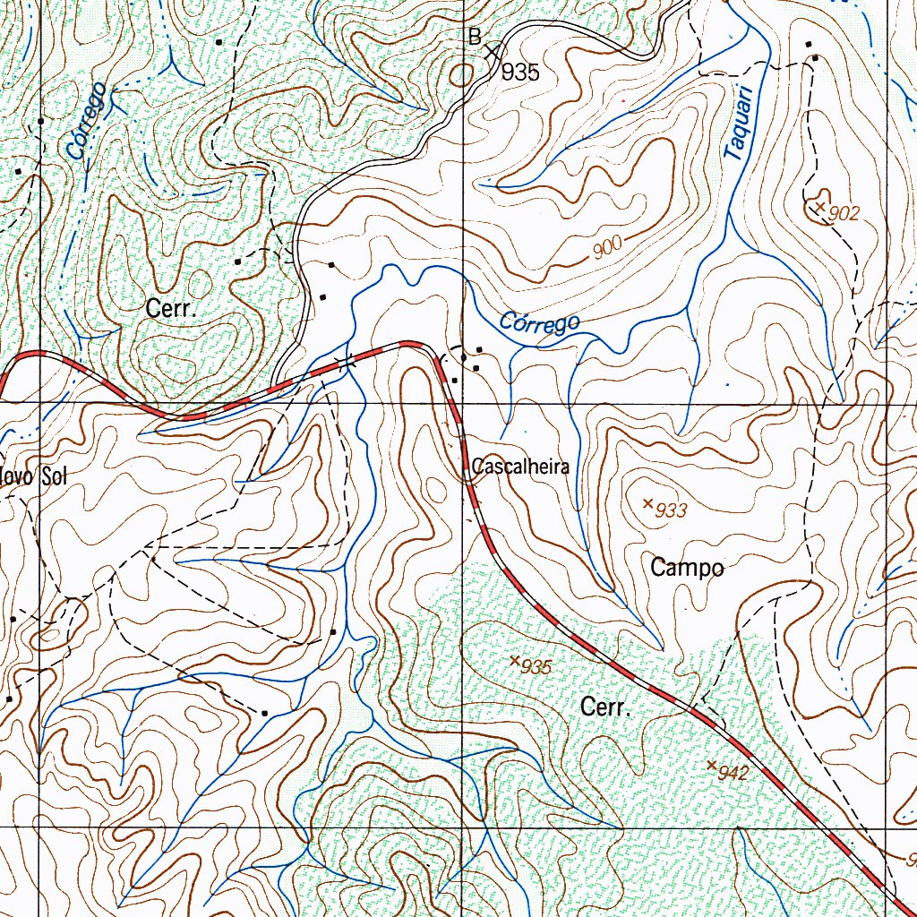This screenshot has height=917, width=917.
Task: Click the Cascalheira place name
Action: point(520,467)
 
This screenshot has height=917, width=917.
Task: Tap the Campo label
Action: point(687,567)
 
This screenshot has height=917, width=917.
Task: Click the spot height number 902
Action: point(844,213)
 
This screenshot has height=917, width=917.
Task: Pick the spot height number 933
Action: point(671,510)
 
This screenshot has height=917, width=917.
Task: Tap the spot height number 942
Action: point(733,773)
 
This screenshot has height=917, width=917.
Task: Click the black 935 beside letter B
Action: point(520,73)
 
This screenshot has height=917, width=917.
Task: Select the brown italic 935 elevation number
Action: point(536,667)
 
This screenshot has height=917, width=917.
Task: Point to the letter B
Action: point(475,37)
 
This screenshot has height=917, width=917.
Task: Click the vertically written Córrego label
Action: point(87,122)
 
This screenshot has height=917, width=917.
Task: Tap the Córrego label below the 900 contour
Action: point(539,321)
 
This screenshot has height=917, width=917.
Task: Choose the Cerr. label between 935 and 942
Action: point(607,707)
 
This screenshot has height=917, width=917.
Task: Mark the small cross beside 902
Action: point(819,207)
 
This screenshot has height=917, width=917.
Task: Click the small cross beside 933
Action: point(647,503)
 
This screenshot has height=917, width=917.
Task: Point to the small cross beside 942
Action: point(711,765)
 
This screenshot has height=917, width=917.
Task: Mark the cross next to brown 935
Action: point(514,661)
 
